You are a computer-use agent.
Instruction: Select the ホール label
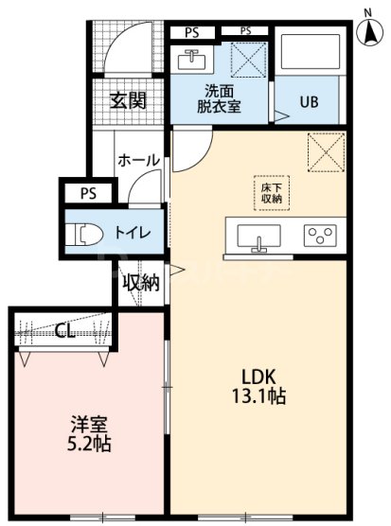point(138,161)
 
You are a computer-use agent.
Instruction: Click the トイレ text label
point(130,230)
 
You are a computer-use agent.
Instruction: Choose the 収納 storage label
point(139,282)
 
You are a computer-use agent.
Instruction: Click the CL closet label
point(65,330)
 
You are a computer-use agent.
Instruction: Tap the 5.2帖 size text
point(89,443)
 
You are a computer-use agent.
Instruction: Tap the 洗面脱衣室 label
point(220,99)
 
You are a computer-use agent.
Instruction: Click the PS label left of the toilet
point(88,194)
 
